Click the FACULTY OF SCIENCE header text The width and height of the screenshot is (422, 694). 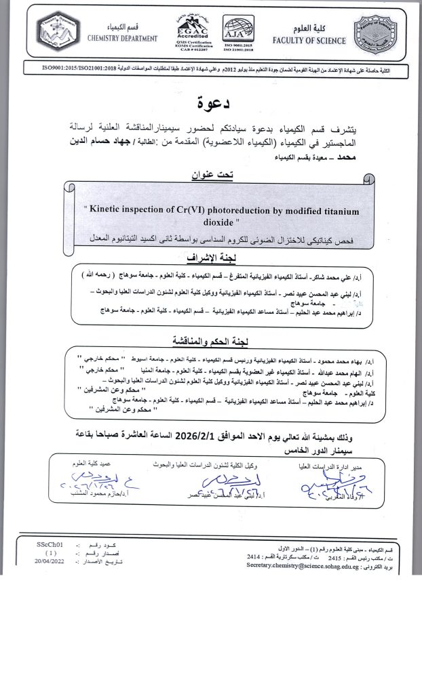(309, 40)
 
